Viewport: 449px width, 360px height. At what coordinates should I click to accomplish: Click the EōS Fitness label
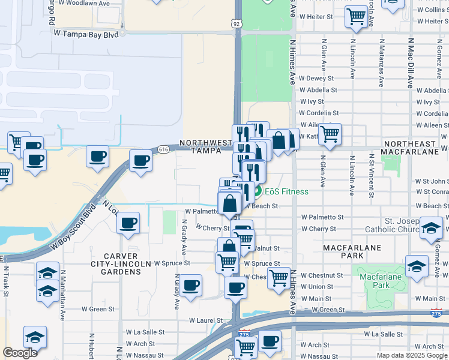288,191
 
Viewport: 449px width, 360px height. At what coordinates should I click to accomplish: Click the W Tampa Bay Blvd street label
85,34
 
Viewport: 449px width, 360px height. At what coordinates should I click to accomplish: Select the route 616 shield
163,148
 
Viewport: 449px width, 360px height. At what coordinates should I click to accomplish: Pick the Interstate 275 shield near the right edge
436,313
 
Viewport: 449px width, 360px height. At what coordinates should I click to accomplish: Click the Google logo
20,353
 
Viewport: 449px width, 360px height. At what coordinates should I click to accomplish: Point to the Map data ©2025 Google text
412,355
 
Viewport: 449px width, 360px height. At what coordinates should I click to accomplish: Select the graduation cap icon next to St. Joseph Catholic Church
431,228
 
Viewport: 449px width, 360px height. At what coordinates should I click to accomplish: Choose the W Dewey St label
316,78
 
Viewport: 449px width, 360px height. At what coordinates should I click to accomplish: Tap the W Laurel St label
206,321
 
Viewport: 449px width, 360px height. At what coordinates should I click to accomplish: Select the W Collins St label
432,10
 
